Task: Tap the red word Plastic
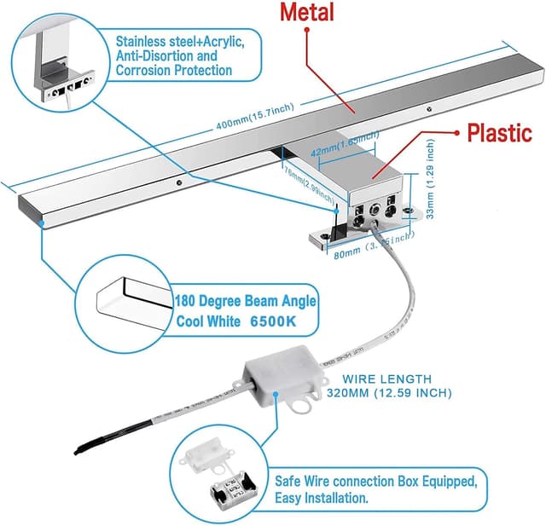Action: point(498,134)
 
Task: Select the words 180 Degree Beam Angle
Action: point(246,301)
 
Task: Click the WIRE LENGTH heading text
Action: point(388,378)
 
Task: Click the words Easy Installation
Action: point(322,498)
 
